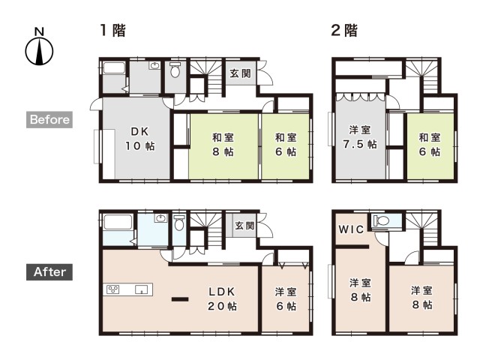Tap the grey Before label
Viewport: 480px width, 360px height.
(x=49, y=119)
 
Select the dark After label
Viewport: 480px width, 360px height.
(x=49, y=271)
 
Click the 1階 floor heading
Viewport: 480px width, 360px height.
(x=113, y=30)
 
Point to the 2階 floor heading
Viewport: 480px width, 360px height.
(x=344, y=30)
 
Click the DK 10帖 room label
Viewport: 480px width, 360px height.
(x=140, y=139)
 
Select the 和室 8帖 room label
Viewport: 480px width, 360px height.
(x=223, y=145)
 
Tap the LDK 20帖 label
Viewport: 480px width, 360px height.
(x=222, y=298)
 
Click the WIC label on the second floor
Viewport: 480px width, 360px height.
(x=351, y=229)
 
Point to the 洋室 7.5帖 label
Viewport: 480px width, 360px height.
(x=360, y=136)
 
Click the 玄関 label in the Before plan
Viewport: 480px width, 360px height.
(x=240, y=73)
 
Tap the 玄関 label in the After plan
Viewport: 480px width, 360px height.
(x=244, y=226)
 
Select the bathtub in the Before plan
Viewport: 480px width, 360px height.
(x=114, y=67)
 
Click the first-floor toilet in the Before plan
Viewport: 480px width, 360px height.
(x=175, y=70)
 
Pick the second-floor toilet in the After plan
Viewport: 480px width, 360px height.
(x=380, y=220)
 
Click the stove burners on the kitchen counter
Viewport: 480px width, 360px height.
(x=112, y=289)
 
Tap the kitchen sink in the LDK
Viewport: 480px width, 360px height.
(x=142, y=289)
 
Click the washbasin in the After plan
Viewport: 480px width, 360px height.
(x=161, y=218)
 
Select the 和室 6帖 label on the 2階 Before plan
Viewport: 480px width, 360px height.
(x=430, y=145)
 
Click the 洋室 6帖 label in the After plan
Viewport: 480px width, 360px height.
(x=286, y=298)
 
